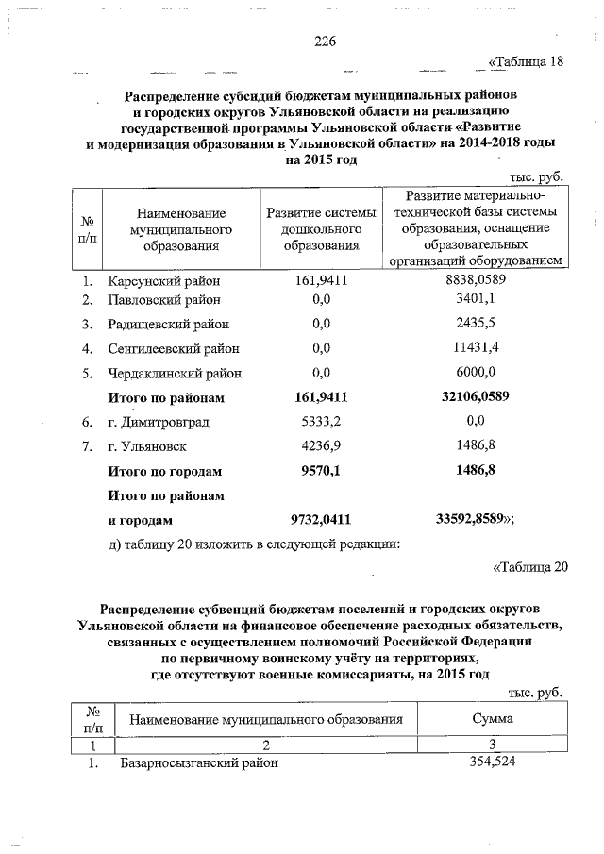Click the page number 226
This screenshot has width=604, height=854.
[x=325, y=42]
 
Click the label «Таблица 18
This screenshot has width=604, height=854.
[x=526, y=63]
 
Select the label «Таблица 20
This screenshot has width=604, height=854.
[x=530, y=567]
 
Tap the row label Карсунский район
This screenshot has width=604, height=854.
[x=163, y=280]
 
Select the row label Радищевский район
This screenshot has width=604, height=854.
[x=171, y=325]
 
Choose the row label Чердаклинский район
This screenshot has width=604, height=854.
[x=174, y=372]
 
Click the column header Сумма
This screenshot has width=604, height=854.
[x=492, y=719]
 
